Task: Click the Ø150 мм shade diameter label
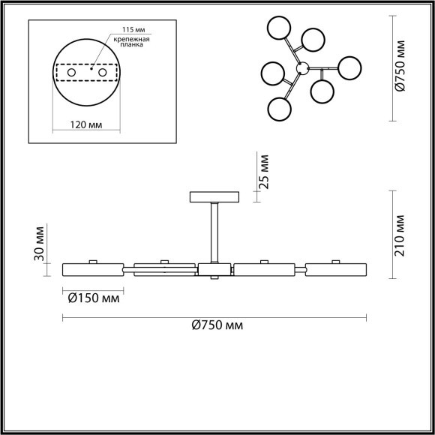pyautogui.click(x=93, y=298)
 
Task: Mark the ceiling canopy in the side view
pyautogui.click(x=214, y=197)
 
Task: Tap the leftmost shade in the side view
pyautogui.click(x=92, y=268)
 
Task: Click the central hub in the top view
pyautogui.click(x=302, y=68)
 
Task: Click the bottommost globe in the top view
pyautogui.click(x=279, y=109)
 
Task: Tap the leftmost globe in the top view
pyautogui.click(x=272, y=75)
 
